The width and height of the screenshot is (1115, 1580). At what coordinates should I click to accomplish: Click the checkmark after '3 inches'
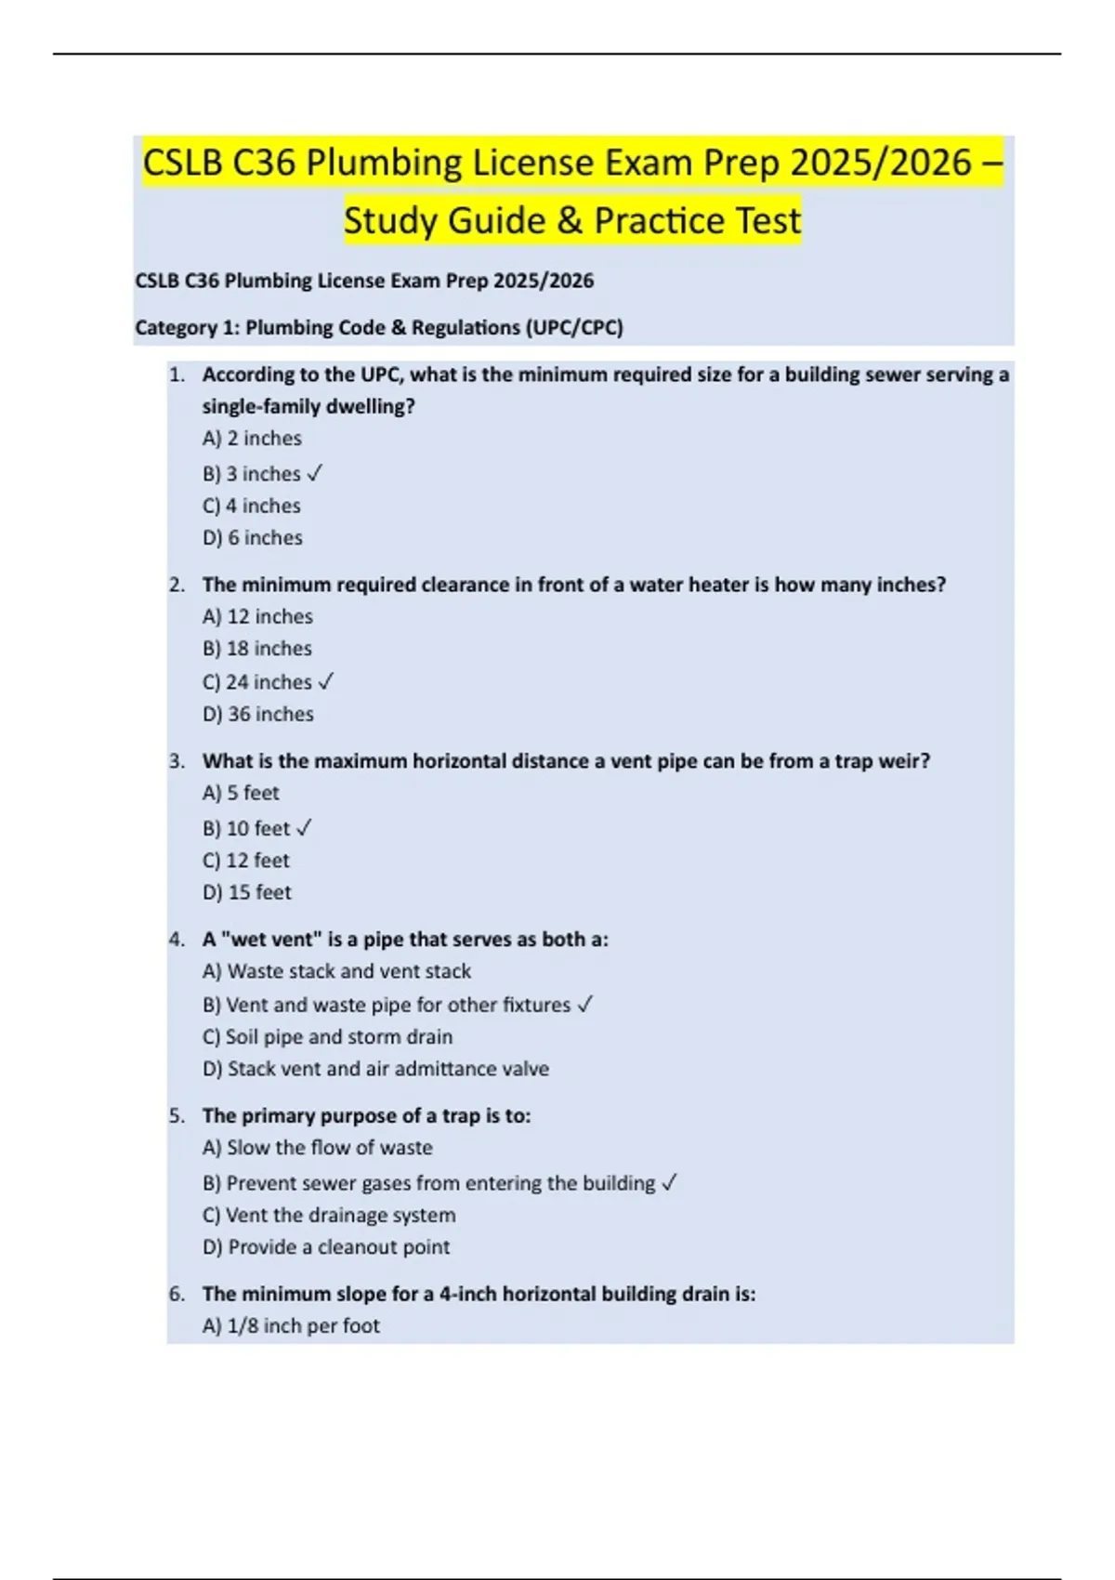[314, 474]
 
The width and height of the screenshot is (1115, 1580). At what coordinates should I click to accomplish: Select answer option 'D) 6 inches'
[252, 538]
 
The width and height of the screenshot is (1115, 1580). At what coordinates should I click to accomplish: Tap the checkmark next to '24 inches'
[325, 682]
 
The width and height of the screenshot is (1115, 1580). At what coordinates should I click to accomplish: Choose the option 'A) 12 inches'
[257, 617]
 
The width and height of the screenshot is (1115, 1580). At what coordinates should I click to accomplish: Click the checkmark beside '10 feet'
[304, 828]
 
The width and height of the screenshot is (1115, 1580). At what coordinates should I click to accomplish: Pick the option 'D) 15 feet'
[246, 893]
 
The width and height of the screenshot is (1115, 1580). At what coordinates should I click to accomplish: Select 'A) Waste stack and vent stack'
[336, 971]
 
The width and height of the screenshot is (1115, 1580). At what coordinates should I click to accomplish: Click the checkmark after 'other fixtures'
[584, 1005]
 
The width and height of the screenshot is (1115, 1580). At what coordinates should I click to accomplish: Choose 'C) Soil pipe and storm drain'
[327, 1037]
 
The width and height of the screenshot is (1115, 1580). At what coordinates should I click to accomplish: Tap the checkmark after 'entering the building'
[669, 1183]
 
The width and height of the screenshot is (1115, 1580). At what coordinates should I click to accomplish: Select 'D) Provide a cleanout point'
[325, 1247]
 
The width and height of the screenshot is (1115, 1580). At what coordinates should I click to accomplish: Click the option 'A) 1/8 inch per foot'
[291, 1326]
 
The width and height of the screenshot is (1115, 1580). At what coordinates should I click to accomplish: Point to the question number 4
[177, 940]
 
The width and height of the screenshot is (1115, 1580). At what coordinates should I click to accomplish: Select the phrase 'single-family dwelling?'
[308, 407]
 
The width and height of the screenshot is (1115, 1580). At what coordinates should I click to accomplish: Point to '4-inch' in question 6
[469, 1294]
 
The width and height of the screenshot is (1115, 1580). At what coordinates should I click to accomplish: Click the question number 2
[177, 586]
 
